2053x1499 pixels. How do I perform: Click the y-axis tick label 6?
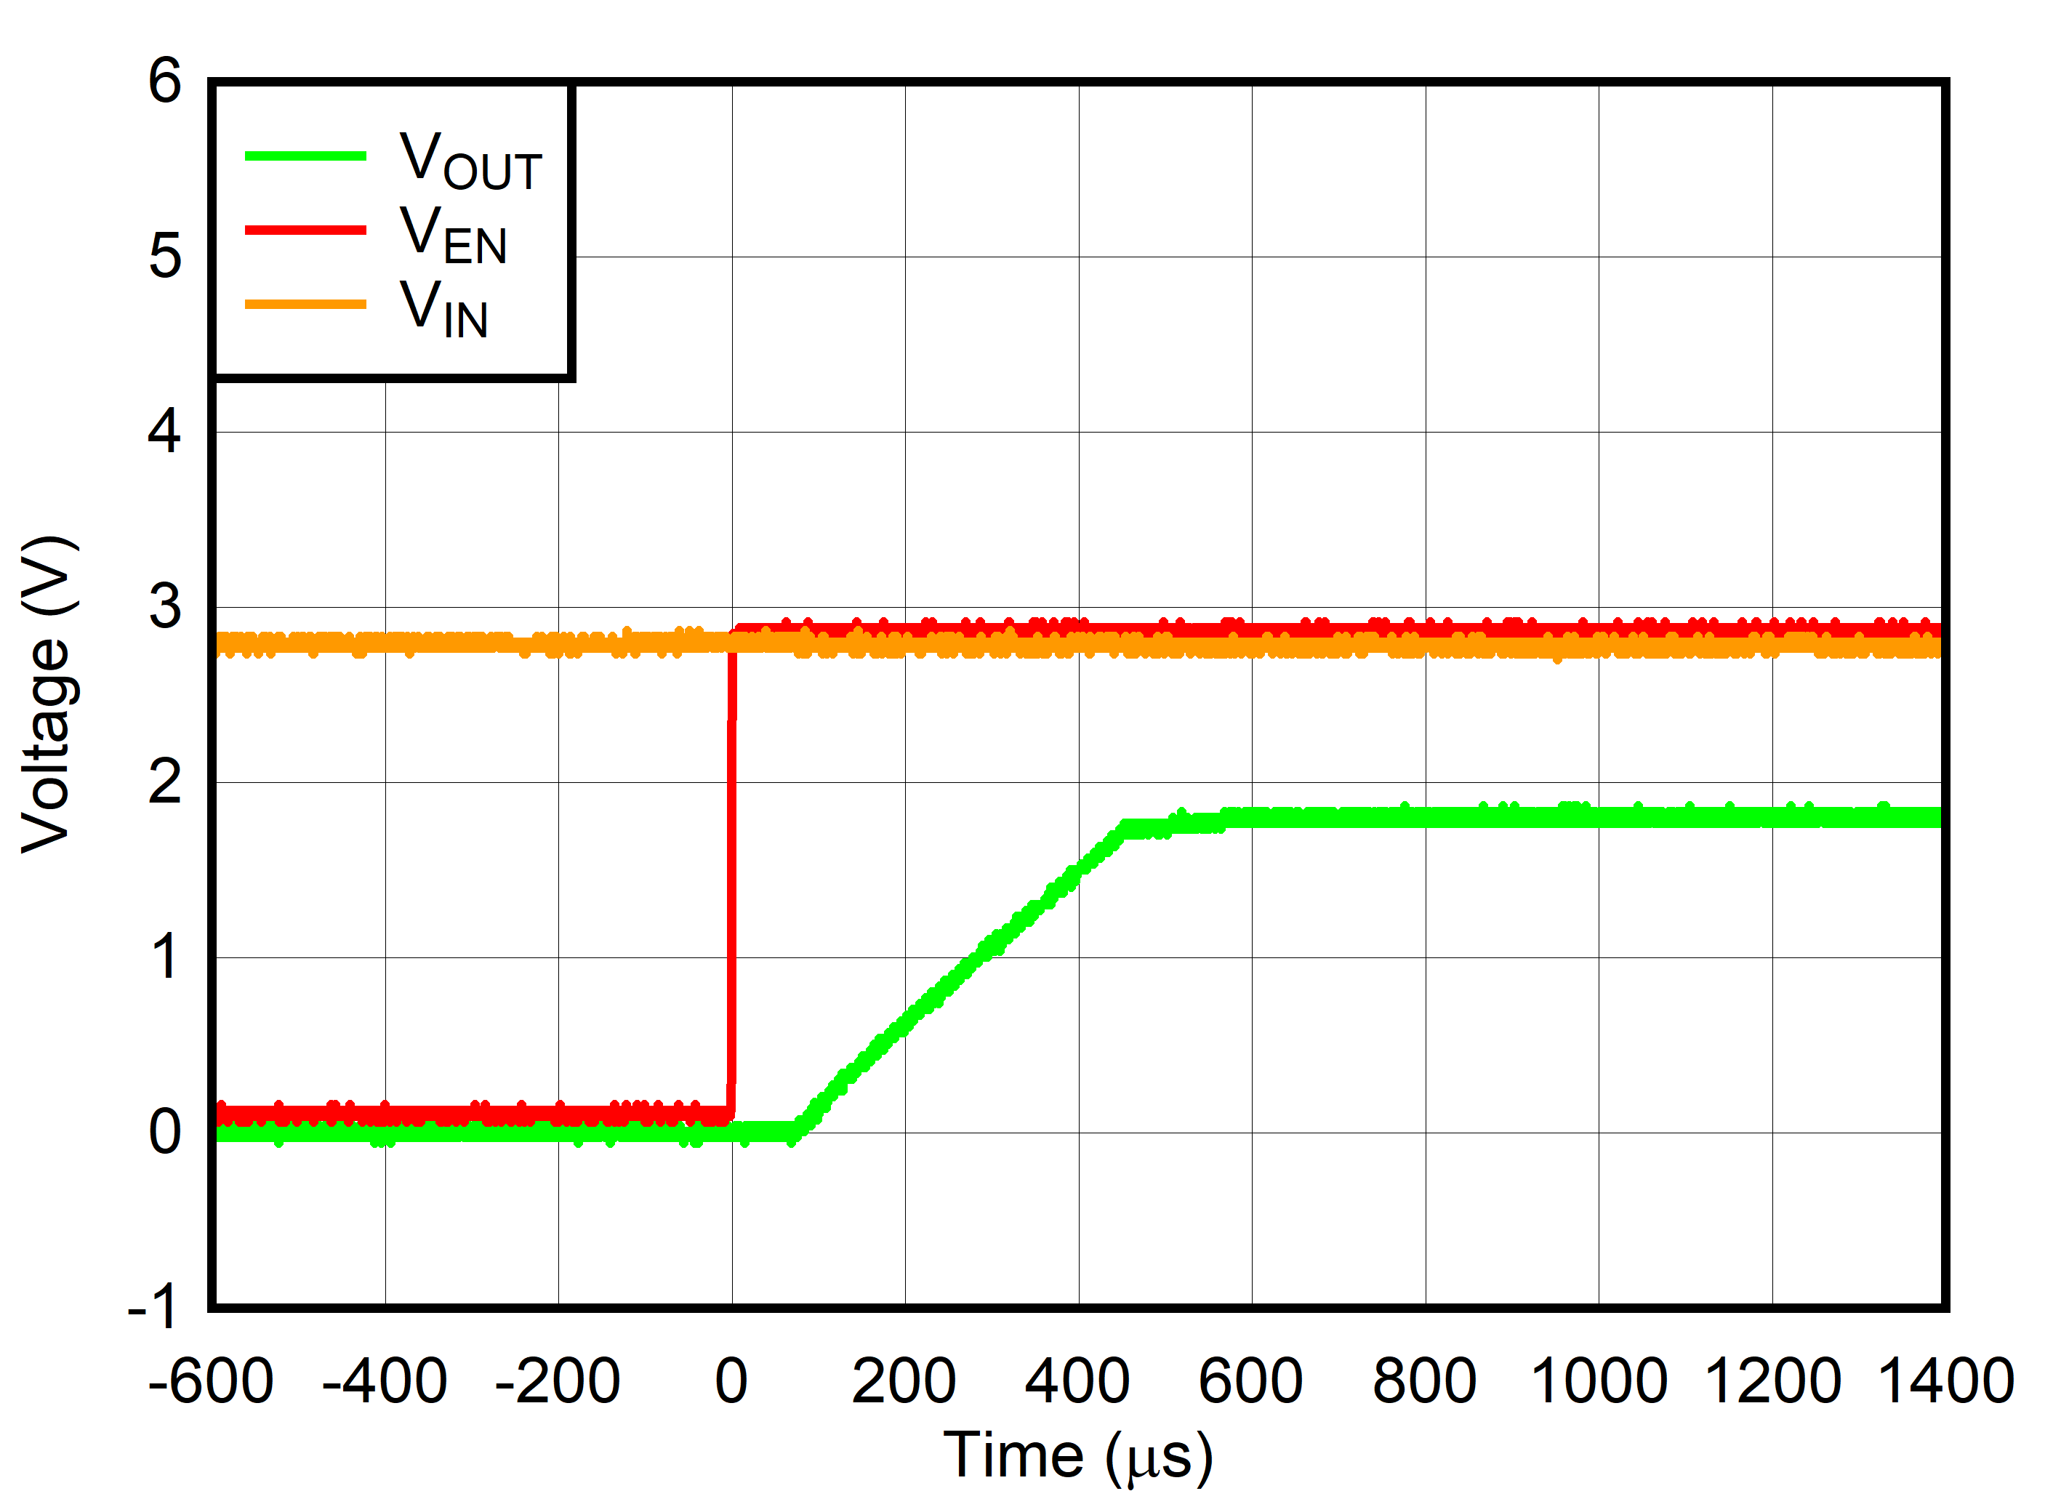(165, 81)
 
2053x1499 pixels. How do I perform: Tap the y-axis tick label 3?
(165, 606)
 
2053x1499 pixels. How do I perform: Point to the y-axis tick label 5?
(165, 256)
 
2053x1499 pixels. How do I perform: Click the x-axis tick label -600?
(211, 1381)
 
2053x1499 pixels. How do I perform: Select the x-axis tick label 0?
(731, 1381)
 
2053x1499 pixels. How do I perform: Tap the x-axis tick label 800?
(1424, 1381)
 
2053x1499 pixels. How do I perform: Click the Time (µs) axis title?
(1078, 1456)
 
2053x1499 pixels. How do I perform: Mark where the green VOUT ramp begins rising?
(795, 1130)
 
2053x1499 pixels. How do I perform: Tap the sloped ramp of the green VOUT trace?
(962, 971)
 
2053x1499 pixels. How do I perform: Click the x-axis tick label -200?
(557, 1381)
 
